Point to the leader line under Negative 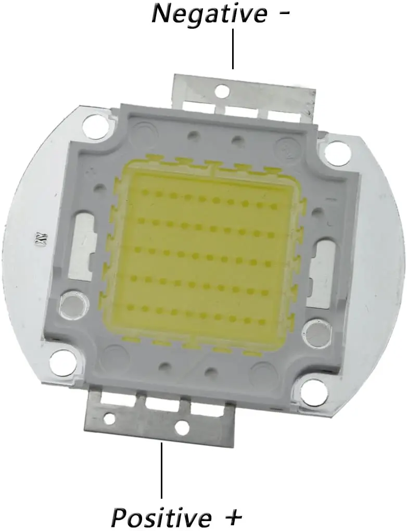[233, 49]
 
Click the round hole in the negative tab [222, 91]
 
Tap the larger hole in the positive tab [182, 427]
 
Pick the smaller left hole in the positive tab [109, 418]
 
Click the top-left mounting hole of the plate [94, 127]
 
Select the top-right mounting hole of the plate [337, 153]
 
